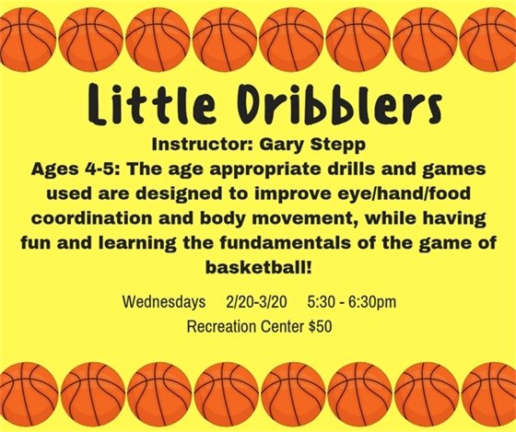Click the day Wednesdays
(x=162, y=303)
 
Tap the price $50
(x=319, y=326)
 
